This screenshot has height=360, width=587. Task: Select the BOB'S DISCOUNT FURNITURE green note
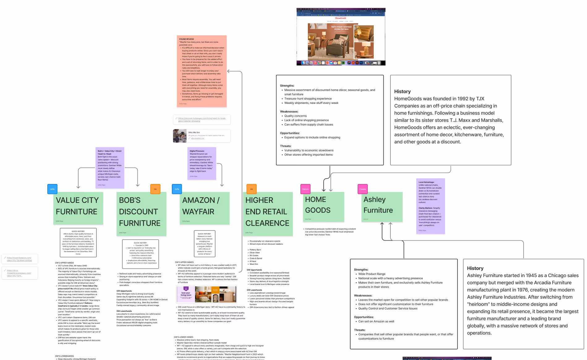141,214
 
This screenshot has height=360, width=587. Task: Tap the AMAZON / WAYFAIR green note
204,208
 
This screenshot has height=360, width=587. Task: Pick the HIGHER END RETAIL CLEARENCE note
268,214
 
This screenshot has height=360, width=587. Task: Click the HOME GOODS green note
323,207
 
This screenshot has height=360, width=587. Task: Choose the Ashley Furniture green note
383,207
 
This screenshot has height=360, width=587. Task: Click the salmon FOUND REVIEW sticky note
202,71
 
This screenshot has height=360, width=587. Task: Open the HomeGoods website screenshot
341,37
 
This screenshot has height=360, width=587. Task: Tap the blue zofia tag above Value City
52,189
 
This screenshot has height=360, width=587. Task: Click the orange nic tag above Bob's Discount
155,189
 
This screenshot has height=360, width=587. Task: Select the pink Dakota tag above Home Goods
305,189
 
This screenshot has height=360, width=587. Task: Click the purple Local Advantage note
431,206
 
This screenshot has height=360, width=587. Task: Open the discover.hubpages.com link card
202,119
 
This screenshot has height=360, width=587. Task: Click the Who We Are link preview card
202,136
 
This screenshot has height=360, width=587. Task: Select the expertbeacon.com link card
20,259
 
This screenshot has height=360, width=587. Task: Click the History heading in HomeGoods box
402,92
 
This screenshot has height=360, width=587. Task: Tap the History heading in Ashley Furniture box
475,268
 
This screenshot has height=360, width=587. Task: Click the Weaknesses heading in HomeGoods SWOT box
289,112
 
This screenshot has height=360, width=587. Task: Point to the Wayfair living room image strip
206,294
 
